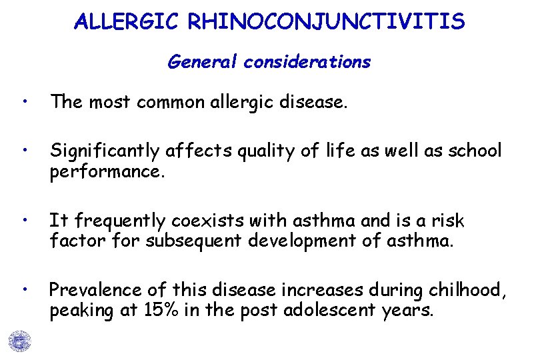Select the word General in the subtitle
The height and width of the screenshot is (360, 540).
(203, 62)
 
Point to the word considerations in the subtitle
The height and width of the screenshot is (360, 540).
(307, 62)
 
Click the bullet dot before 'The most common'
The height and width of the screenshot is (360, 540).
(24, 102)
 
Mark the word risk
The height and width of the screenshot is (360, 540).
(447, 221)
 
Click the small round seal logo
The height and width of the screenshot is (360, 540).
(20, 341)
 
